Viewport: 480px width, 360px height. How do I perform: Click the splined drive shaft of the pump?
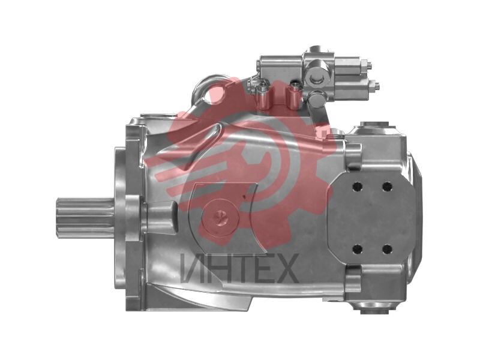point(86,218)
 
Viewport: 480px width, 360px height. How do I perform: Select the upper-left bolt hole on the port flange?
point(357,187)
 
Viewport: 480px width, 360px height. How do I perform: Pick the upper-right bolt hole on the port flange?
point(387,186)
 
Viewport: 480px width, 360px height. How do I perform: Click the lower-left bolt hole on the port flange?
point(357,249)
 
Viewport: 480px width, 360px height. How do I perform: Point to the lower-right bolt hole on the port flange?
point(387,249)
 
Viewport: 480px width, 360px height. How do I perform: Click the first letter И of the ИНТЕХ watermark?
point(192,268)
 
